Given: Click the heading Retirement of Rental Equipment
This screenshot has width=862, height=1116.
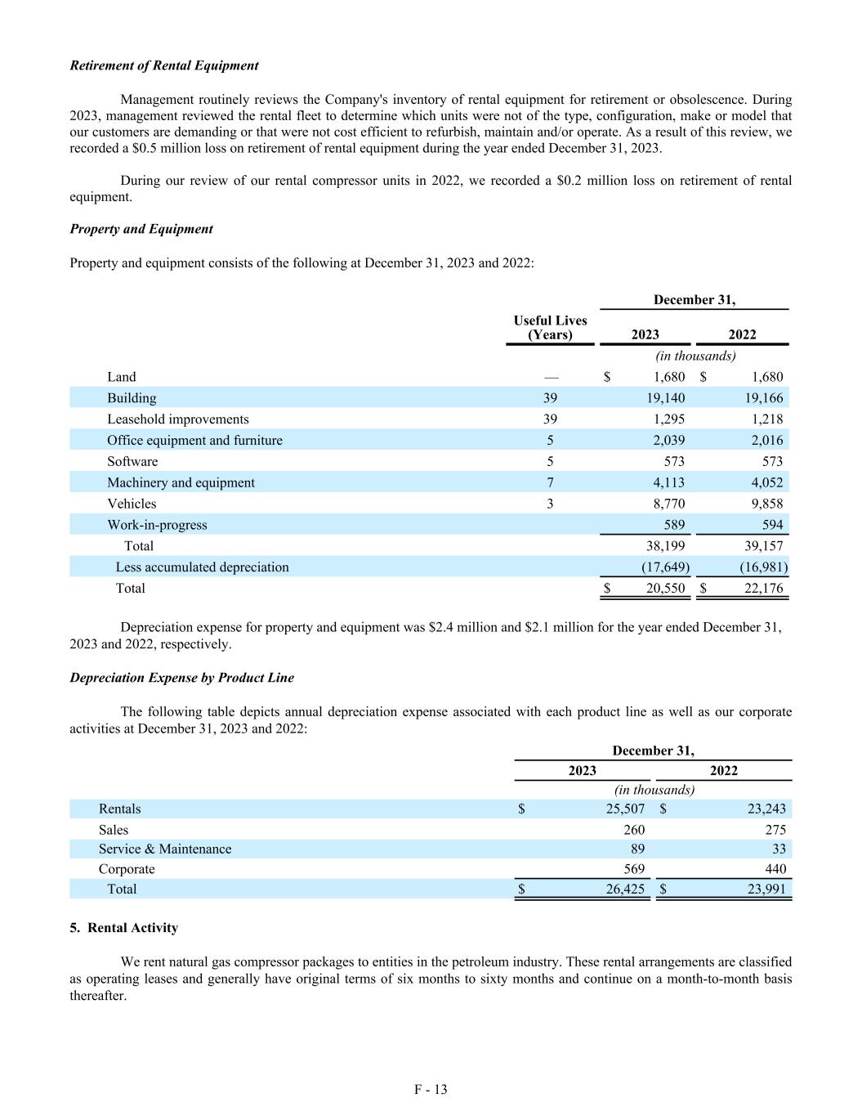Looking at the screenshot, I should [164, 65].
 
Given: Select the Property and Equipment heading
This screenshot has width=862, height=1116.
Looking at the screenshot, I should [141, 229].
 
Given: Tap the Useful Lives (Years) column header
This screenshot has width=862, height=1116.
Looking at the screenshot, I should [550, 327].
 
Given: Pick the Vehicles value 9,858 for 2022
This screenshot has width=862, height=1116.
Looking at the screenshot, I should [763, 504].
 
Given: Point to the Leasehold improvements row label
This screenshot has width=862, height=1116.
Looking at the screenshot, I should [177, 419].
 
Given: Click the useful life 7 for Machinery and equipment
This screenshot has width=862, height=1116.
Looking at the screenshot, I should [550, 482].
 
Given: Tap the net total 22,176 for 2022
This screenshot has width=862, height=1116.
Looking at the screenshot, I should [763, 588].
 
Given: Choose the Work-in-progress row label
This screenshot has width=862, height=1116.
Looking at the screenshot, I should [157, 525].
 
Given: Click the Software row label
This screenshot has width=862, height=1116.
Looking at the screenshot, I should [132, 461].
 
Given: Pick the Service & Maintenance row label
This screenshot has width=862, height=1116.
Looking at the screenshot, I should [165, 849].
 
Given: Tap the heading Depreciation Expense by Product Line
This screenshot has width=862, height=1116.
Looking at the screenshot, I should [181, 678].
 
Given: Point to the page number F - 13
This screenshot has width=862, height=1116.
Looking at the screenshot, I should [431, 1089].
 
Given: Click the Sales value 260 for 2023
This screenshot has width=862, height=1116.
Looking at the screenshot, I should [633, 830].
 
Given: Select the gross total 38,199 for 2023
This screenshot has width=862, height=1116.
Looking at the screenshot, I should [665, 546].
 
